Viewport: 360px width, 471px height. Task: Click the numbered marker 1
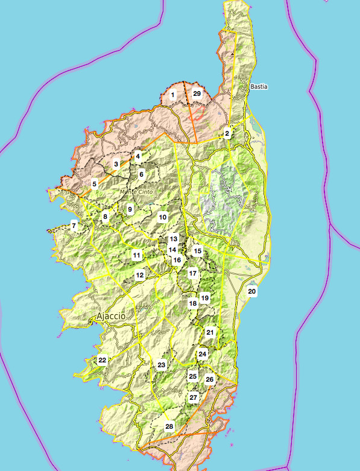click(x=172, y=95)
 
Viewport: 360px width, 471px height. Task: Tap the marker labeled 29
click(x=197, y=94)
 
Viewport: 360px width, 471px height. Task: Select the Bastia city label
click(x=259, y=87)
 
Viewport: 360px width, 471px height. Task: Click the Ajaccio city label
click(x=111, y=316)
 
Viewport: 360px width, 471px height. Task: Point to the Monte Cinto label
click(x=137, y=192)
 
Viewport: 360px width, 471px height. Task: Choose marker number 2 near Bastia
click(x=227, y=133)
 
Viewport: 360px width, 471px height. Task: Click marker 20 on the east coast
click(x=252, y=291)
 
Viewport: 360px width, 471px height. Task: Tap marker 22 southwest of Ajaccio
click(x=103, y=360)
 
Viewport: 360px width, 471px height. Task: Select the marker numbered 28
click(x=169, y=426)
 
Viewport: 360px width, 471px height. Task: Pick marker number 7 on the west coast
click(x=74, y=226)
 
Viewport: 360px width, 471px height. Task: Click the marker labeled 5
click(x=95, y=184)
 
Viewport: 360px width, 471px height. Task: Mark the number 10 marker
click(x=163, y=217)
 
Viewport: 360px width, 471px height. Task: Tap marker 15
click(x=198, y=250)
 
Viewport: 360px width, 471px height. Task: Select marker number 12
click(x=140, y=275)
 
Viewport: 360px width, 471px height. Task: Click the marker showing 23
click(x=162, y=365)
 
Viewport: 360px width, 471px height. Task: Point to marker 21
click(x=210, y=332)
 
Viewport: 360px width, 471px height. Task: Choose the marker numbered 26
click(x=209, y=379)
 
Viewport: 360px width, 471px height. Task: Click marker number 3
click(x=116, y=164)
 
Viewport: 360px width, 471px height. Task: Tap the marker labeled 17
click(x=193, y=273)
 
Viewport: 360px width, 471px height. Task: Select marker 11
click(x=137, y=255)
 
